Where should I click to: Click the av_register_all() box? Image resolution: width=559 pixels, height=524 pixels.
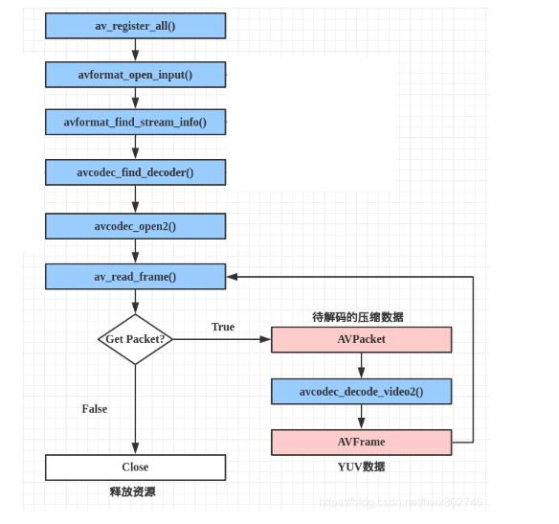pyautogui.click(x=135, y=26)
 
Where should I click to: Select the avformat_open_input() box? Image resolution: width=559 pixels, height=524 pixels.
pyautogui.click(x=135, y=75)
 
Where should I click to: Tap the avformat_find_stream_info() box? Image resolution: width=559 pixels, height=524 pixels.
pyautogui.click(x=135, y=123)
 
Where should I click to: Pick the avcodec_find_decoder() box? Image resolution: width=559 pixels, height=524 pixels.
pyautogui.click(x=135, y=172)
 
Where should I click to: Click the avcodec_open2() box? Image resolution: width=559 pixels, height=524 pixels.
pyautogui.click(x=135, y=226)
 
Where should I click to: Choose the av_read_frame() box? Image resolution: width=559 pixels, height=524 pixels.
pyautogui.click(x=135, y=277)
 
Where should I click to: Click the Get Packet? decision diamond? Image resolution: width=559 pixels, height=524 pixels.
pyautogui.click(x=135, y=339)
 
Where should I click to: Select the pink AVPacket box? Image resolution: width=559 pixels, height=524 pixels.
pyautogui.click(x=361, y=339)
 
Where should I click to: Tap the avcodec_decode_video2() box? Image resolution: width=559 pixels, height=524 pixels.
pyautogui.click(x=361, y=391)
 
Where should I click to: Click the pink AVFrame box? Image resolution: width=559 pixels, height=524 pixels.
pyautogui.click(x=361, y=442)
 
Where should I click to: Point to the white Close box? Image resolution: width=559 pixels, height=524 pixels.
pyautogui.click(x=135, y=467)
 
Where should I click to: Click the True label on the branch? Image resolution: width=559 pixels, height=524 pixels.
pyautogui.click(x=223, y=327)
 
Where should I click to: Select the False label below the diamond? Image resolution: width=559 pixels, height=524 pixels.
pyautogui.click(x=95, y=409)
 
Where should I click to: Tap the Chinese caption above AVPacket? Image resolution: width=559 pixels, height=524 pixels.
pyautogui.click(x=358, y=316)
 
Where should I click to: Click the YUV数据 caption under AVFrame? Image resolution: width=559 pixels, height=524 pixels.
pyautogui.click(x=361, y=467)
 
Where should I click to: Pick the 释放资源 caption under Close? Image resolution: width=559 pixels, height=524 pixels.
pyautogui.click(x=134, y=491)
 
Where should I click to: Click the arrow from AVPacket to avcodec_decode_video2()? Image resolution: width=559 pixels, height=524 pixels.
pyautogui.click(x=361, y=365)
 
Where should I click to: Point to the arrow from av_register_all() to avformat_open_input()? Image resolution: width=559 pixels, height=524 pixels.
pyautogui.click(x=135, y=50)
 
